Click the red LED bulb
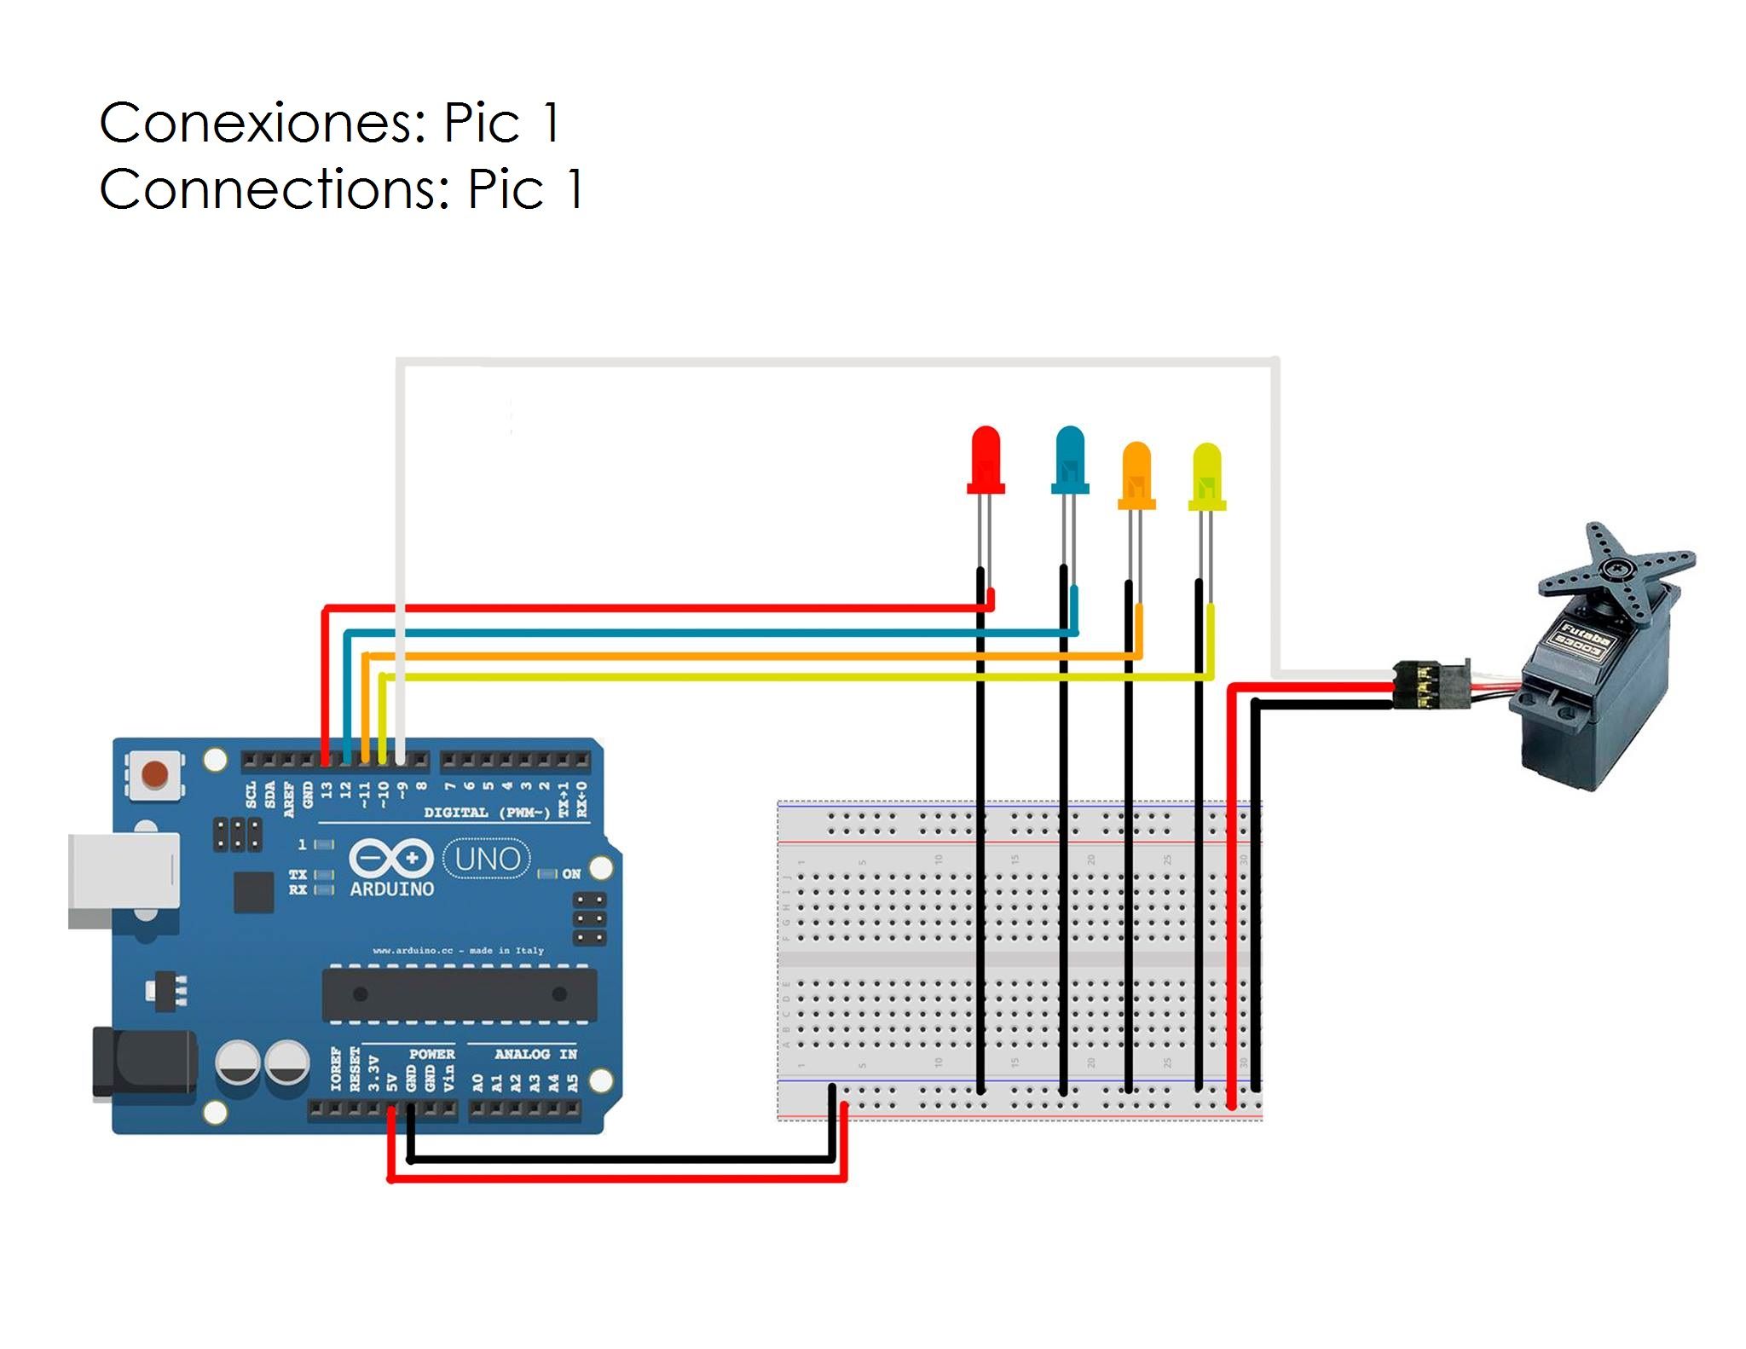coord(986,459)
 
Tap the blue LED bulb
coord(1069,459)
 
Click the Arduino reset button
coord(154,774)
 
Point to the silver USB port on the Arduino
coord(123,879)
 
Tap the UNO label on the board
coord(487,859)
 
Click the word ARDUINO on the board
coord(392,889)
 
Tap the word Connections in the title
coord(274,189)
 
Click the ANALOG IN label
coord(535,1055)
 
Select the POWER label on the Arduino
coord(431,1055)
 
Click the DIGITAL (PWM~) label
coord(487,813)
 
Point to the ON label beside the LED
coord(571,874)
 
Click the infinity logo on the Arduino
coord(391,858)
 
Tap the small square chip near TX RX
coord(253,892)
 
